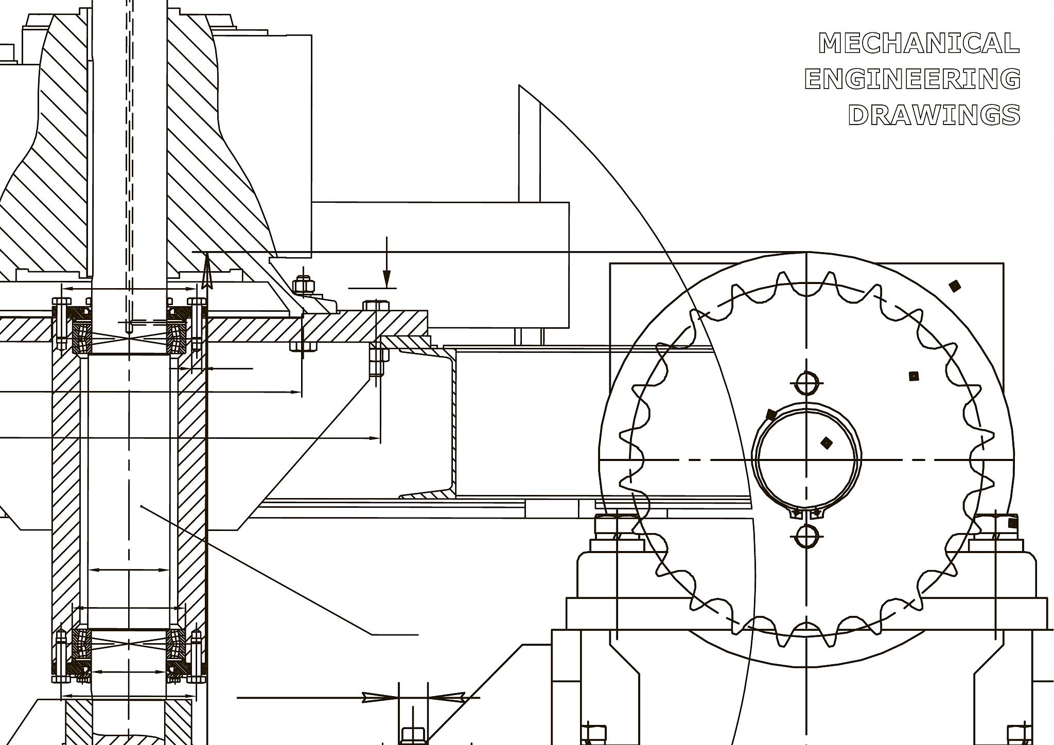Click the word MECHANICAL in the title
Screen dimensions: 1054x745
click(919, 43)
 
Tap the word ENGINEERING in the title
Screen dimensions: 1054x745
click(912, 79)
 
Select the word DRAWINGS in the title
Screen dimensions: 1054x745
click(934, 115)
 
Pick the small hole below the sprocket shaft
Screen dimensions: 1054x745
click(806, 537)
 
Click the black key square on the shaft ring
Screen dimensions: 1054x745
click(771, 414)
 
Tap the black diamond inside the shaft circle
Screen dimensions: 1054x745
click(826, 442)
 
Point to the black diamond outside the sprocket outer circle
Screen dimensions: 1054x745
click(955, 286)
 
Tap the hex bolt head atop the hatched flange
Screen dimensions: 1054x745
click(376, 306)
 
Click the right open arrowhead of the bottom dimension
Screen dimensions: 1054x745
click(447, 698)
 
